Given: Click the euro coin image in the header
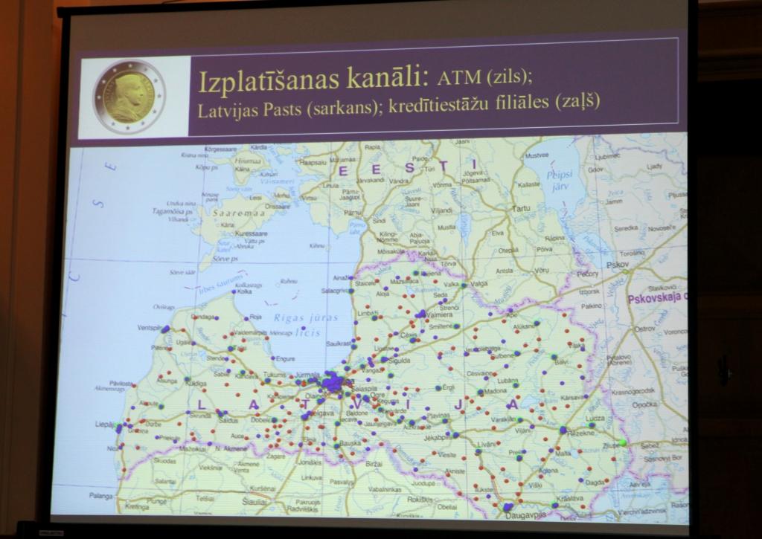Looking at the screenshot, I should coord(129,97).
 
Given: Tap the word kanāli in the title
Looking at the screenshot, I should coord(393,77).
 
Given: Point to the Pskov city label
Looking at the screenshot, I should coord(618,264).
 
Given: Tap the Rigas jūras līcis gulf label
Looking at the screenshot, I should coord(306,325).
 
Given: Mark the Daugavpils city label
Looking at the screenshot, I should coord(525,514).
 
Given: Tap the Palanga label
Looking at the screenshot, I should coord(101,495).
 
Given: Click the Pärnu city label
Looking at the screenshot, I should coord(353,213).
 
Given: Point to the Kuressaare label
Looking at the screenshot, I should coord(251,233).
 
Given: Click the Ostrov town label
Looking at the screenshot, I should coord(644,328).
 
